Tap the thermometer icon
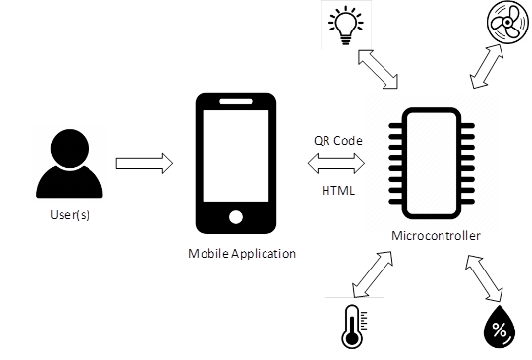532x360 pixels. (x=351, y=326)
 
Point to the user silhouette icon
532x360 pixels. (x=68, y=161)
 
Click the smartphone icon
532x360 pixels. (x=234, y=161)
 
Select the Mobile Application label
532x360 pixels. (x=242, y=254)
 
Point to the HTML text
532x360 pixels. (x=337, y=190)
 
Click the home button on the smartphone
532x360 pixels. (x=235, y=216)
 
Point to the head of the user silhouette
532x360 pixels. (x=68, y=148)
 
